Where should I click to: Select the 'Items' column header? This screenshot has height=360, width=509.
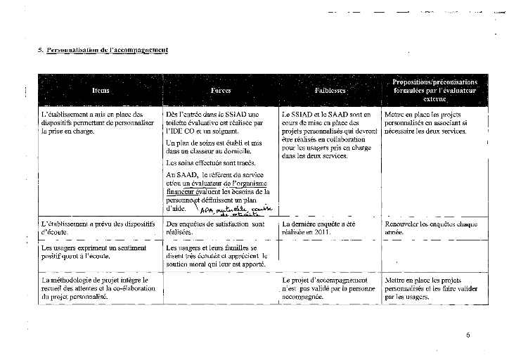100,91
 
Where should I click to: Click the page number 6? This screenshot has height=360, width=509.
468,335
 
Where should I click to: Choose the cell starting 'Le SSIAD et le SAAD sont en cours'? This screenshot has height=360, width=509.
326,135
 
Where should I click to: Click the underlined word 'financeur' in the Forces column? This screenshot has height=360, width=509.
179,191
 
